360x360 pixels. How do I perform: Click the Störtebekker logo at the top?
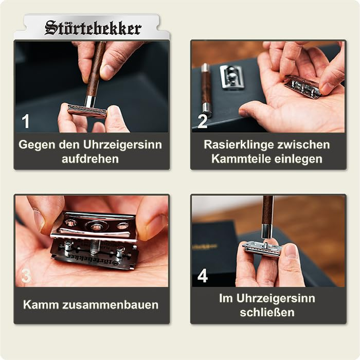point(93,28)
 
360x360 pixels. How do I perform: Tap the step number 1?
point(26,121)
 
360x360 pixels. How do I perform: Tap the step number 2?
point(202,121)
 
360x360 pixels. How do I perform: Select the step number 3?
point(26,276)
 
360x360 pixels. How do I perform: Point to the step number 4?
point(203,276)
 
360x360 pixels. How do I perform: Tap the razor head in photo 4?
point(263,248)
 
